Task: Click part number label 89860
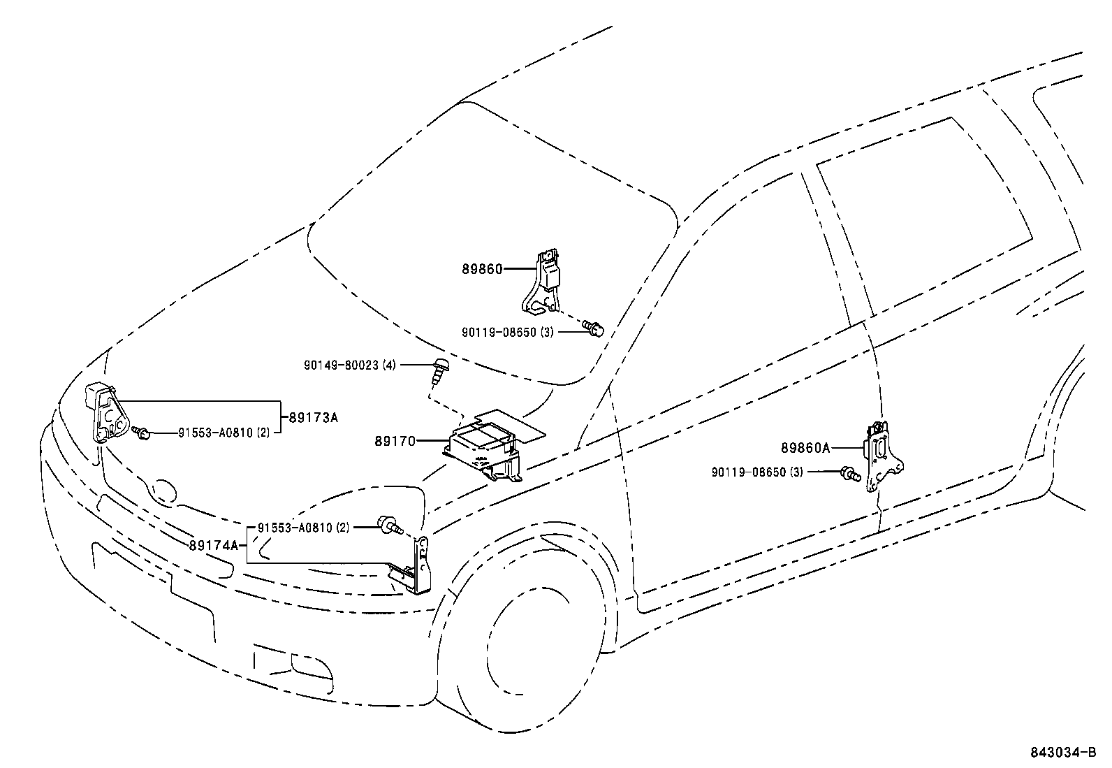coord(481,268)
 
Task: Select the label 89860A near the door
coord(805,448)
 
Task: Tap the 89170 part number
coord(395,441)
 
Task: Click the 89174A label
coord(213,545)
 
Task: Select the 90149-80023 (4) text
coord(350,365)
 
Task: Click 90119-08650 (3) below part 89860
coord(507,333)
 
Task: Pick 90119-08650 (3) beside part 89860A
coord(757,472)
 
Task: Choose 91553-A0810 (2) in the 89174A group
coord(303,528)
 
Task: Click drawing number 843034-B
coord(1068,753)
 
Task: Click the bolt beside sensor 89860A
coord(849,473)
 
